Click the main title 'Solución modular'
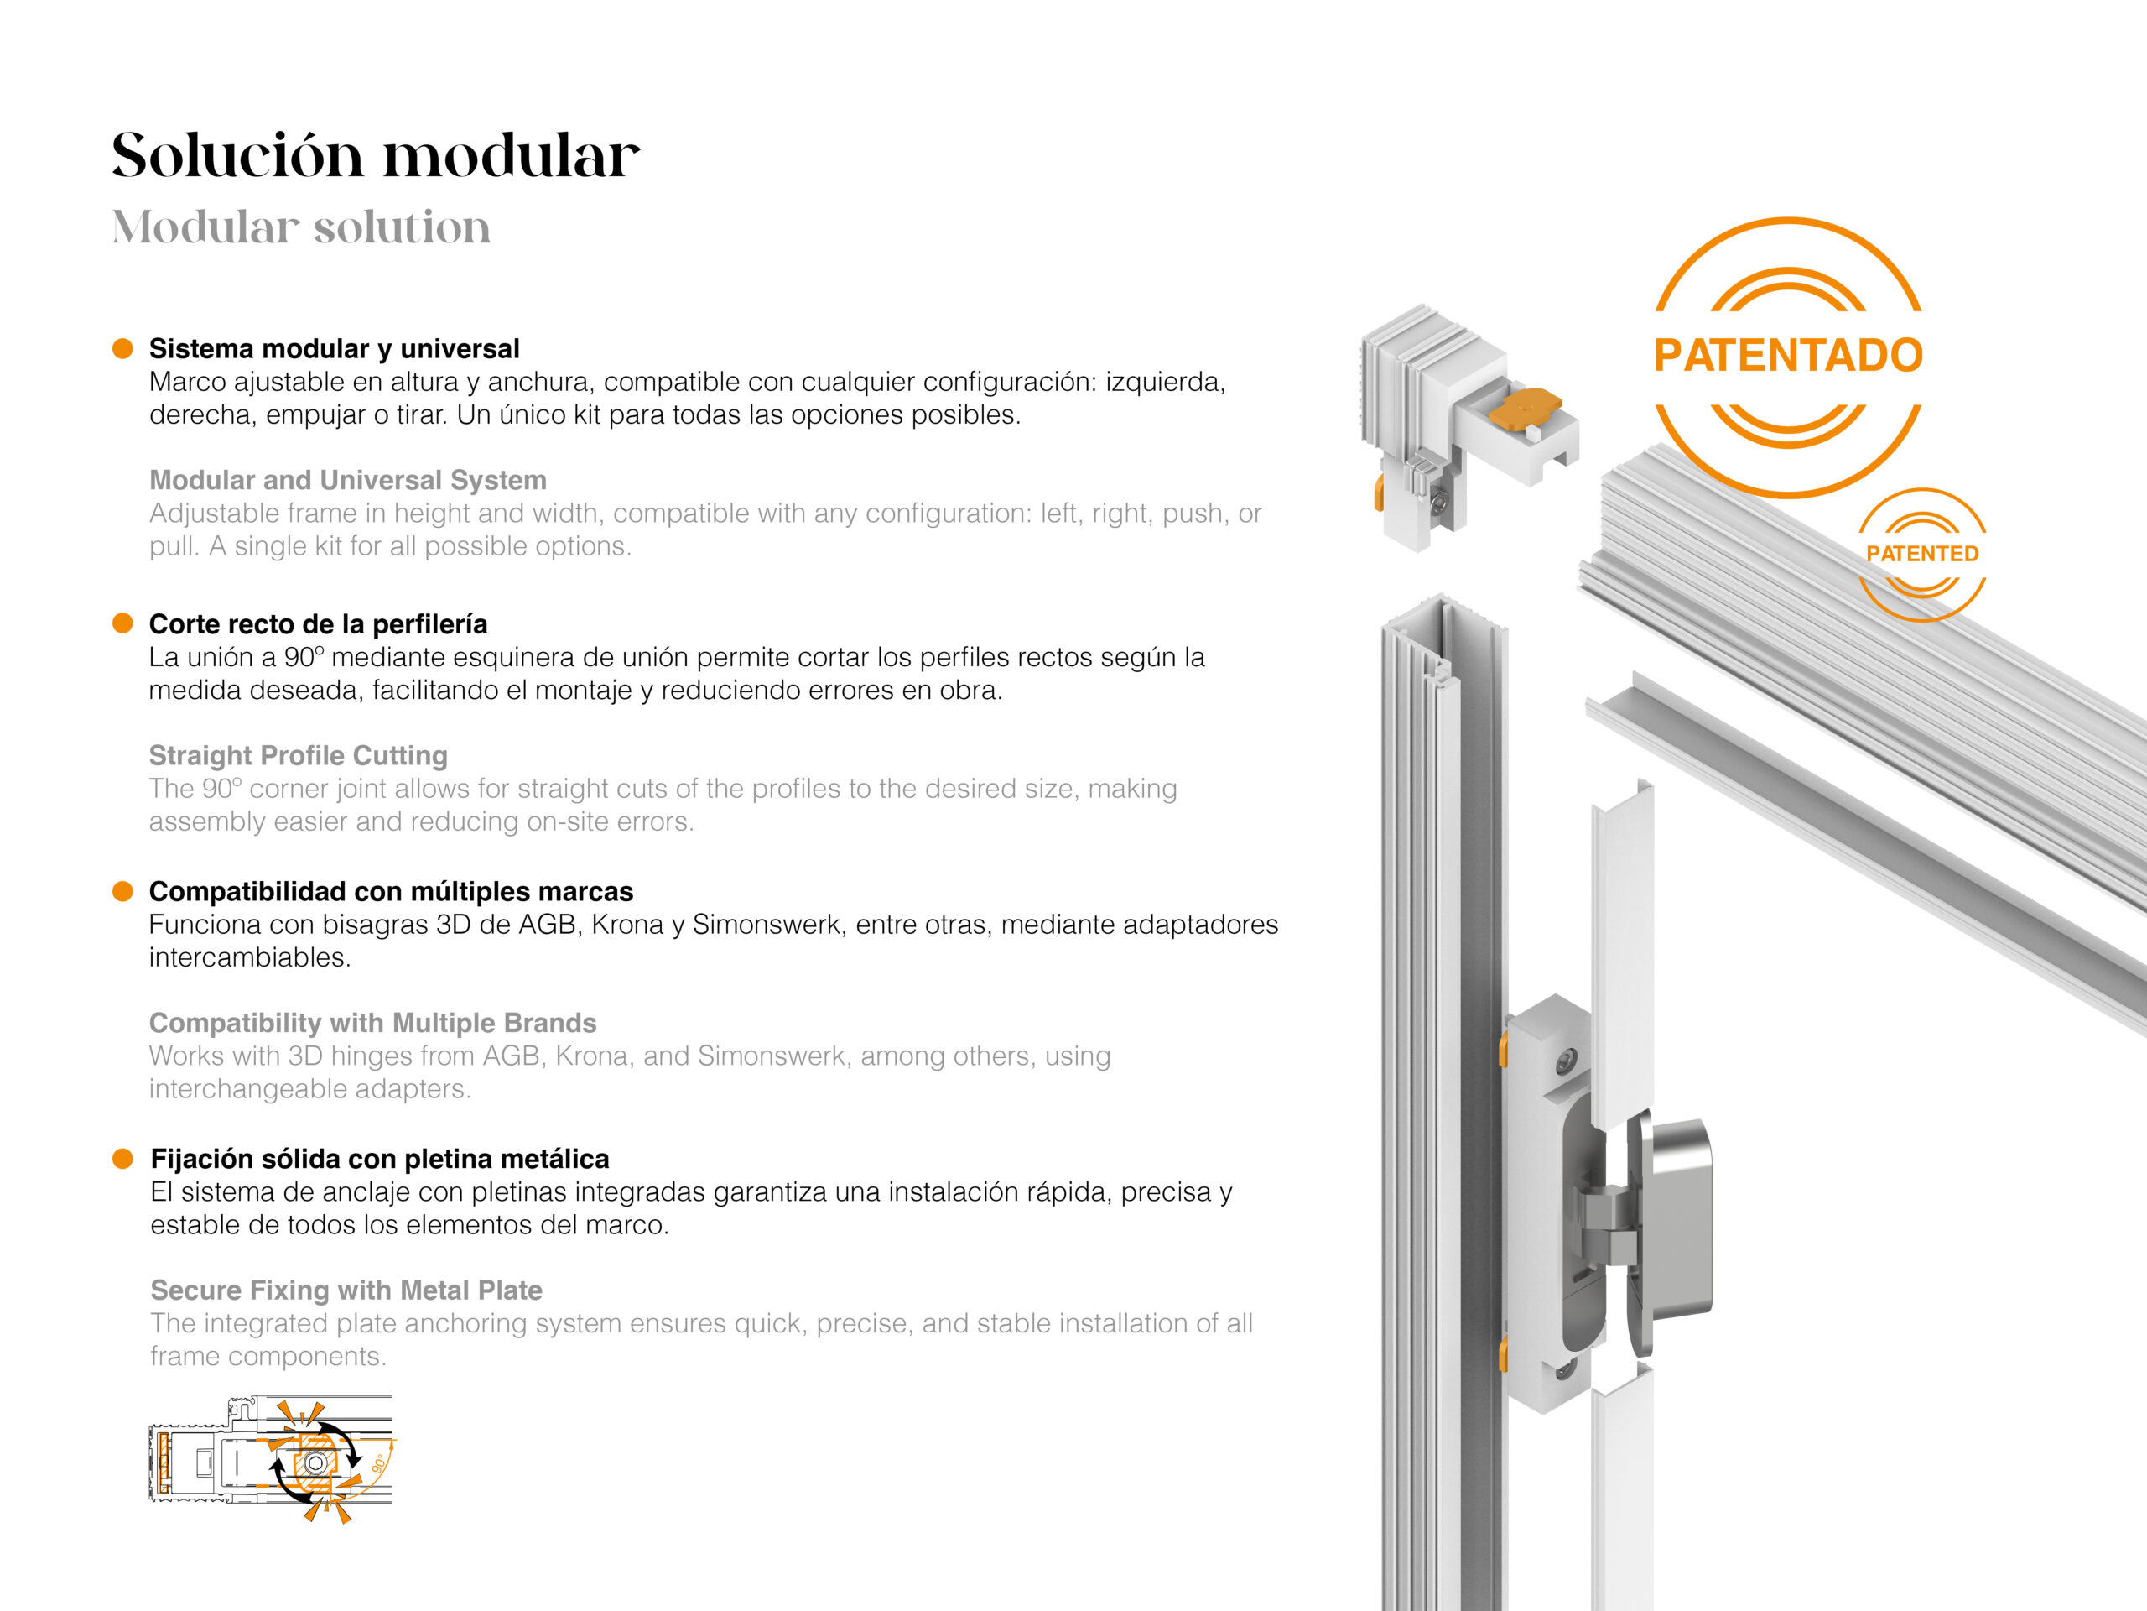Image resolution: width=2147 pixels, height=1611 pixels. (x=376, y=155)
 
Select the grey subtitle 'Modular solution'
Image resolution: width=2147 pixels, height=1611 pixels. (x=301, y=227)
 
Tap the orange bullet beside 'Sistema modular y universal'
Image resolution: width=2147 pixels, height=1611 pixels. (x=122, y=348)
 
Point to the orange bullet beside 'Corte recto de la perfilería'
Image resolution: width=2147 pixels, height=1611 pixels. (x=122, y=623)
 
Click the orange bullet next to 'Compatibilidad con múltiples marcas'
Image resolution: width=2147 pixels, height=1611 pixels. (x=122, y=891)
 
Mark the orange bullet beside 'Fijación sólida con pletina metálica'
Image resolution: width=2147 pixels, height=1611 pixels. (x=122, y=1159)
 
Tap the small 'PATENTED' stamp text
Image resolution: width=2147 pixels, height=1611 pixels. (x=1922, y=554)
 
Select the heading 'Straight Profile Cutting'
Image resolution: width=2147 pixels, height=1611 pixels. (x=298, y=755)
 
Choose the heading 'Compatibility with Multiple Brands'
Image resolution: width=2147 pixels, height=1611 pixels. (x=372, y=1023)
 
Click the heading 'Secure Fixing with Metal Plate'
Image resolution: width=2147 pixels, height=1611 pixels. (x=346, y=1290)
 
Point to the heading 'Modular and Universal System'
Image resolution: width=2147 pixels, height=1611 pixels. (x=347, y=480)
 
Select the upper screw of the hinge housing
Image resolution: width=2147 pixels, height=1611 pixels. (x=1566, y=1061)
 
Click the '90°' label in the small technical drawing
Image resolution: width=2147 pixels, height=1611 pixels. (x=378, y=1462)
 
